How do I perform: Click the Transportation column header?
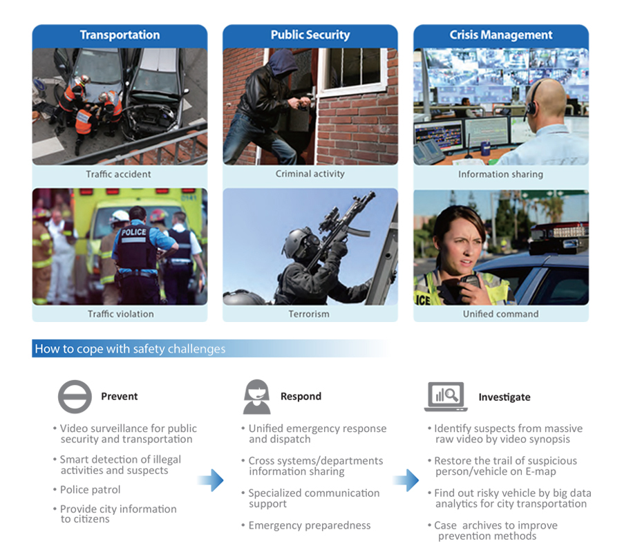coord(120,35)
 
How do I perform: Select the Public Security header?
coord(310,35)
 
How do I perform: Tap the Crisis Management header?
coord(501,35)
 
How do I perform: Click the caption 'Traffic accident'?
coord(119,174)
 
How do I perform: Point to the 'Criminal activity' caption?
coord(310,173)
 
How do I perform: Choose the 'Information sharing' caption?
coord(500,174)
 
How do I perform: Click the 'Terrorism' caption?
coord(309,314)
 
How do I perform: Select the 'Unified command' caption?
coord(500,314)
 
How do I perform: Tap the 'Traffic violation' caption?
coord(120,314)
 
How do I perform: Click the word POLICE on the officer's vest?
coord(133,232)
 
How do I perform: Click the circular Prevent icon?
coord(75,397)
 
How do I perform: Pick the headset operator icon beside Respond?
coord(257,397)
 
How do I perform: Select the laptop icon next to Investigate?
coord(446,397)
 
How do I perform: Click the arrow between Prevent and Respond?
coord(211,480)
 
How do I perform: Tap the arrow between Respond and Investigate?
coord(406,480)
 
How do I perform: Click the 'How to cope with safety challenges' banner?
coord(130,349)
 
